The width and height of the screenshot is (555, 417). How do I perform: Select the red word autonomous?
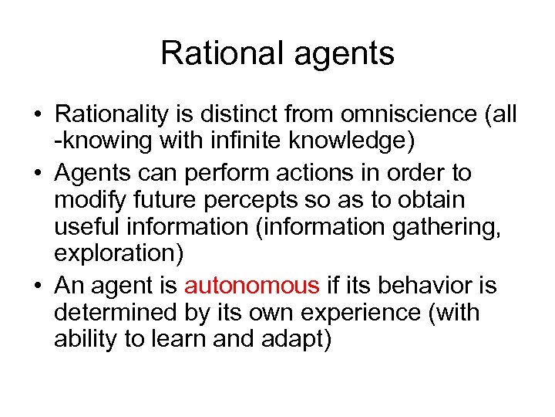251,286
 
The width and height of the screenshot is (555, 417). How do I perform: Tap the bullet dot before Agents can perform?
36,172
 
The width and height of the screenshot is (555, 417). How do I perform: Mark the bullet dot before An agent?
36,286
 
